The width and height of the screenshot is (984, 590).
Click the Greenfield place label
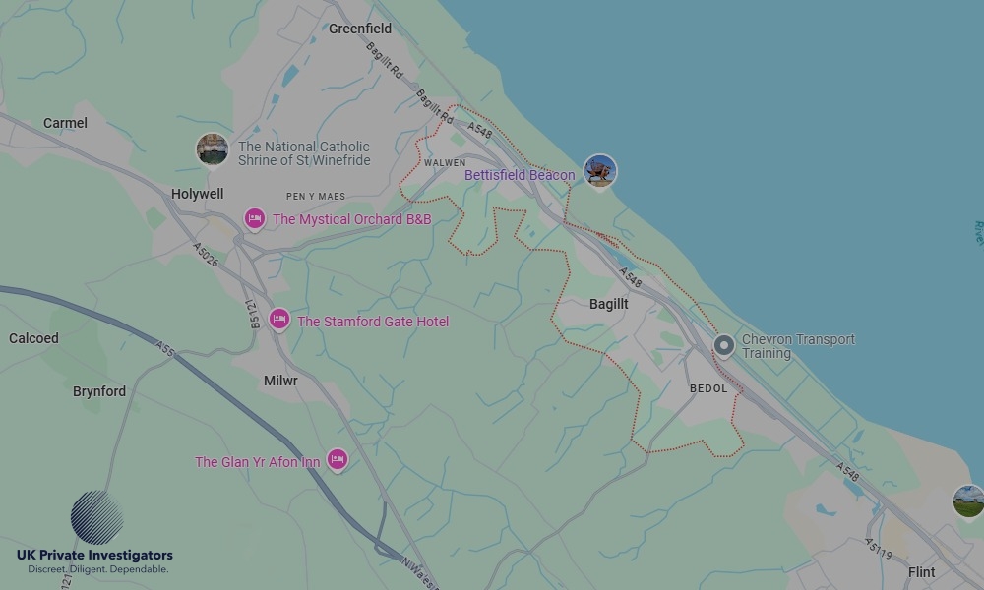pyautogui.click(x=360, y=29)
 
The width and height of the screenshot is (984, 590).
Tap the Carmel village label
pyautogui.click(x=65, y=123)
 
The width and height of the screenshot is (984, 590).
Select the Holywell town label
pyautogui.click(x=197, y=194)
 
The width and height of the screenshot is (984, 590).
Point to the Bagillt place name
pyautogui.click(x=608, y=304)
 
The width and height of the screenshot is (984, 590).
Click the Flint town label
pyautogui.click(x=921, y=572)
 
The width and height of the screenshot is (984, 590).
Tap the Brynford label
pyautogui.click(x=99, y=391)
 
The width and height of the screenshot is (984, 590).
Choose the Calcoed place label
pyautogui.click(x=33, y=338)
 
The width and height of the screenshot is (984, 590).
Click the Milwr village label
pyautogui.click(x=280, y=381)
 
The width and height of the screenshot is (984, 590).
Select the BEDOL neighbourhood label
pyautogui.click(x=708, y=388)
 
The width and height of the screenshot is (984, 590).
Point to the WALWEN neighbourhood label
pyautogui.click(x=445, y=163)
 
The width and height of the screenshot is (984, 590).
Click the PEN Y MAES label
pyautogui.click(x=317, y=197)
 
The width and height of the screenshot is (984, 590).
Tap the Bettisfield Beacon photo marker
pyautogui.click(x=599, y=171)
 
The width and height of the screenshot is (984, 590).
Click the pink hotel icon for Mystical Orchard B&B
pyautogui.click(x=255, y=218)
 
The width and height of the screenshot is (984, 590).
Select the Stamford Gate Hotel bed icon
pyautogui.click(x=279, y=320)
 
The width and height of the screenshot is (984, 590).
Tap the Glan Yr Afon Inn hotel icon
pyautogui.click(x=338, y=459)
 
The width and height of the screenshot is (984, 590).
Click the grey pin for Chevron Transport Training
pyautogui.click(x=724, y=345)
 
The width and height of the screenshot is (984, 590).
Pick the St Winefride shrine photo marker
pyautogui.click(x=212, y=149)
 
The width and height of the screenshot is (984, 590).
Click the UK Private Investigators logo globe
pyautogui.click(x=96, y=517)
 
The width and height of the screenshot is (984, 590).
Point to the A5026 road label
pyautogui.click(x=207, y=255)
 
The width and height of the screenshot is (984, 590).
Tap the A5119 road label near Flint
pyautogui.click(x=879, y=548)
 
